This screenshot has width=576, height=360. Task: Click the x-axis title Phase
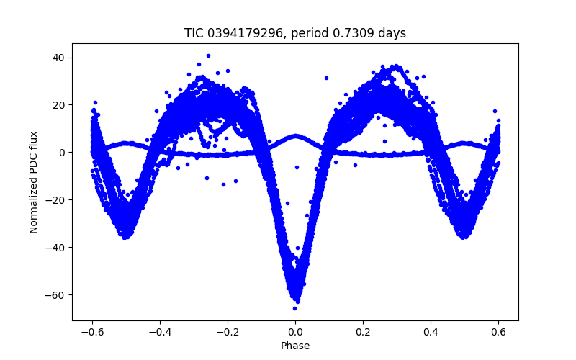(295, 346)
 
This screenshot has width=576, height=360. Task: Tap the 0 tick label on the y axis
(64, 153)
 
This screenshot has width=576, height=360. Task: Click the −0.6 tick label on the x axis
(92, 332)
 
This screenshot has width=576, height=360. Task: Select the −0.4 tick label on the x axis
(160, 332)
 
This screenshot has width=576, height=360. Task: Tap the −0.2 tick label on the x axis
(228, 332)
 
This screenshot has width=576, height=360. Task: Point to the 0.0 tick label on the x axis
(295, 332)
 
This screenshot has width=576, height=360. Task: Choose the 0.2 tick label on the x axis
(363, 332)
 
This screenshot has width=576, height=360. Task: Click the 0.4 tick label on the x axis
(431, 332)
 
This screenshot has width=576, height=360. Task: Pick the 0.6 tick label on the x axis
(498, 332)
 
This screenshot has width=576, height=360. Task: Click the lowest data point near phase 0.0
(294, 308)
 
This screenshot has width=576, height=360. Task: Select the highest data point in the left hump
(208, 55)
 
